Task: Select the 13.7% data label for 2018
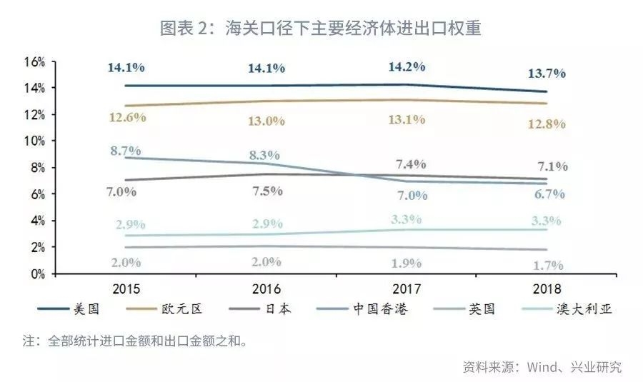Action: pyautogui.click(x=547, y=73)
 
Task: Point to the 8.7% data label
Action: pyautogui.click(x=125, y=151)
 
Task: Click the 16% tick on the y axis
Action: pyautogui.click(x=34, y=62)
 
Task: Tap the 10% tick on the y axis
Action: pyautogui.click(x=34, y=141)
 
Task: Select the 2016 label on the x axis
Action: pyautogui.click(x=267, y=289)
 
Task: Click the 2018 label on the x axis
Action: pyautogui.click(x=547, y=289)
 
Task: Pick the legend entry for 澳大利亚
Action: pyautogui.click(x=587, y=309)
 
